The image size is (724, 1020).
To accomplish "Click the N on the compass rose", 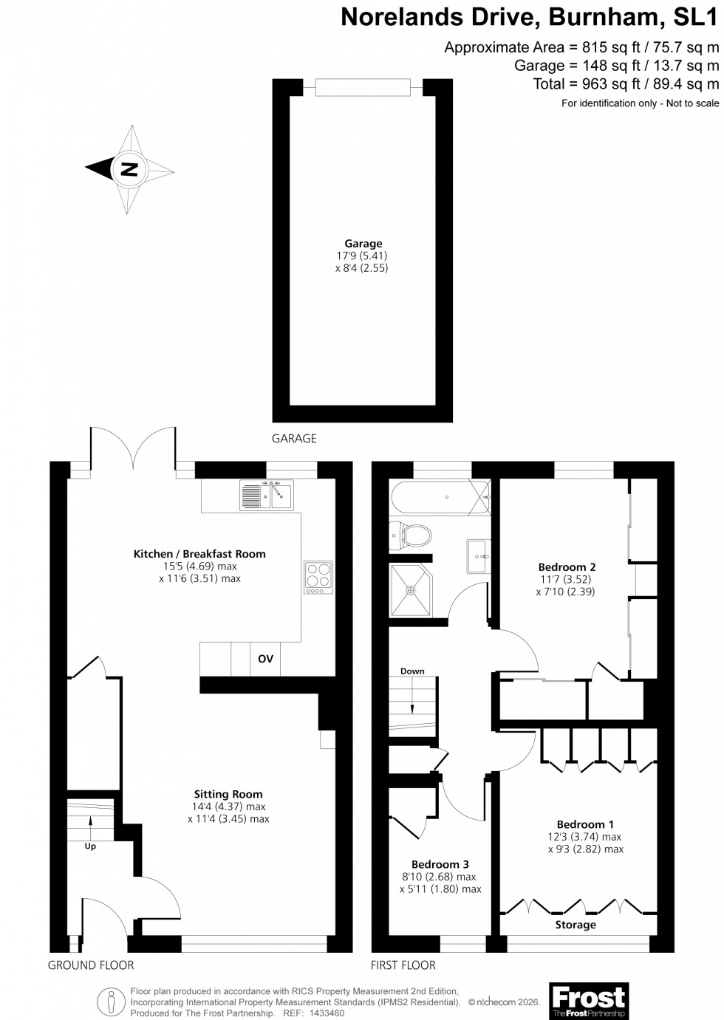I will coord(129,169).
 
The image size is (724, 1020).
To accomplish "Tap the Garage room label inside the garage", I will coord(363,243).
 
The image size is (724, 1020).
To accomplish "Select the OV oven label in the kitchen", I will coord(265,659).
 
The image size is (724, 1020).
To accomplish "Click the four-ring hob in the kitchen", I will coord(318,578).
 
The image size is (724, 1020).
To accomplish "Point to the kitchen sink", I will coord(265,495).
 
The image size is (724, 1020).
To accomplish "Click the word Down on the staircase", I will coord(412,671).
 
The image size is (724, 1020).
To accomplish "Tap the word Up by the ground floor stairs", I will coord(90,846).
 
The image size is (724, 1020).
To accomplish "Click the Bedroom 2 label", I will coord(567,567).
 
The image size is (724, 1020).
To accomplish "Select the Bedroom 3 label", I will coord(440,864).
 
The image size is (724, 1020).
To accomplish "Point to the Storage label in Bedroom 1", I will coord(576,925).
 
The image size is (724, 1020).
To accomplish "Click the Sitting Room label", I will coord(228,795).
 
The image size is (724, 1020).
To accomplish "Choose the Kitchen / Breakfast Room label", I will coord(199,553).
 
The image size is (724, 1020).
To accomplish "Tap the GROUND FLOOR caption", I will coord(91,965).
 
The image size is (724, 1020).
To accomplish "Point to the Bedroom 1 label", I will coord(585,824).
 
